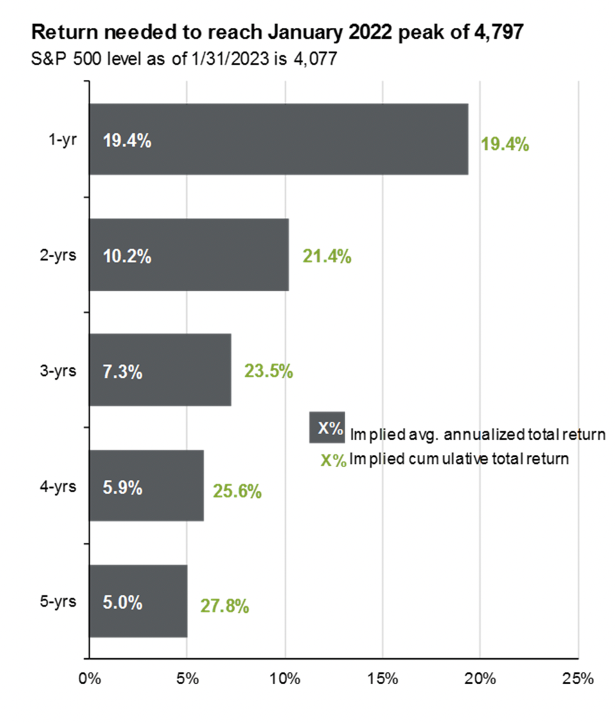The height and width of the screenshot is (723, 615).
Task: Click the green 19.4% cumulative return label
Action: point(505,144)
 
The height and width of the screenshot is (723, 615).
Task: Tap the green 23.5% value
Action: point(268,372)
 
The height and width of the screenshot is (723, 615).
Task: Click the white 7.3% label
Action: point(122,372)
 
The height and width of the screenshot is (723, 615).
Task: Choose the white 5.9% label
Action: point(122,489)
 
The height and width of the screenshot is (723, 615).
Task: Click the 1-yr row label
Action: point(64,140)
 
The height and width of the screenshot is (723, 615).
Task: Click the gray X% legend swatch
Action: point(327,427)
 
